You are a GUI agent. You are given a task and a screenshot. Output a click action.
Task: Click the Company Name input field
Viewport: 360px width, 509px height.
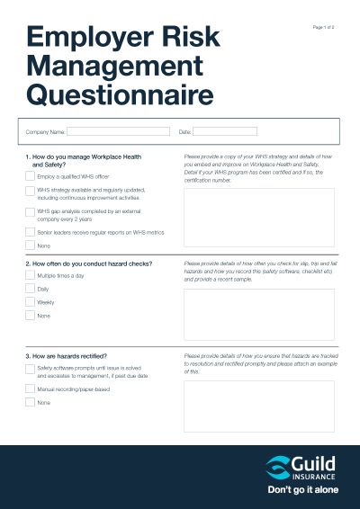coord(118,131)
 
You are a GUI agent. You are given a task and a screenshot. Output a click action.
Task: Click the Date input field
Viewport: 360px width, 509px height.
coord(225,131)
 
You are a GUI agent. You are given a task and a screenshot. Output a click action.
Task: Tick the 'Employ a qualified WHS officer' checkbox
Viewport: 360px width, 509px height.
coord(31,177)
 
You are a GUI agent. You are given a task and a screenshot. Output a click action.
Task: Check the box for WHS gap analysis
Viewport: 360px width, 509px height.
coord(31,212)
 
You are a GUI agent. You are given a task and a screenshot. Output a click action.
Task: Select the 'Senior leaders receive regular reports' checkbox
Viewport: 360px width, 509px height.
coord(31,231)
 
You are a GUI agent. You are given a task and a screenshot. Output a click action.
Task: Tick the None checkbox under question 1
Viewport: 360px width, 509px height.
coord(31,245)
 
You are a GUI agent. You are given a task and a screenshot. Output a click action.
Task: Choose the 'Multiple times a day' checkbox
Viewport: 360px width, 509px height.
coord(31,276)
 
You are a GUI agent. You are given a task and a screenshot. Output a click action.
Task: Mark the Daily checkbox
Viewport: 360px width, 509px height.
coord(31,289)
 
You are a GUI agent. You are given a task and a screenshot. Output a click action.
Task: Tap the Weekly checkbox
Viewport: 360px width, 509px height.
coord(31,302)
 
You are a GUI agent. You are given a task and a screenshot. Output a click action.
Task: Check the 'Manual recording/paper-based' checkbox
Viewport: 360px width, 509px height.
coord(31,389)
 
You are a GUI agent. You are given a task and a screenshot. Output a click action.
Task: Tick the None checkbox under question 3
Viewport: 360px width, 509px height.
coord(31,403)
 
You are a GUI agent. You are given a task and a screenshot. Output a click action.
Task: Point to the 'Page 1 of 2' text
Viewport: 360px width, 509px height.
coord(323,28)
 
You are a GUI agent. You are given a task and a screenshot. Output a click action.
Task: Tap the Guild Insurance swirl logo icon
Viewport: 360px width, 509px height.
coord(278,467)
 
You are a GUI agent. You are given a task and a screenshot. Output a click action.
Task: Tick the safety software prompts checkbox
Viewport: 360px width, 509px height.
coord(31,369)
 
